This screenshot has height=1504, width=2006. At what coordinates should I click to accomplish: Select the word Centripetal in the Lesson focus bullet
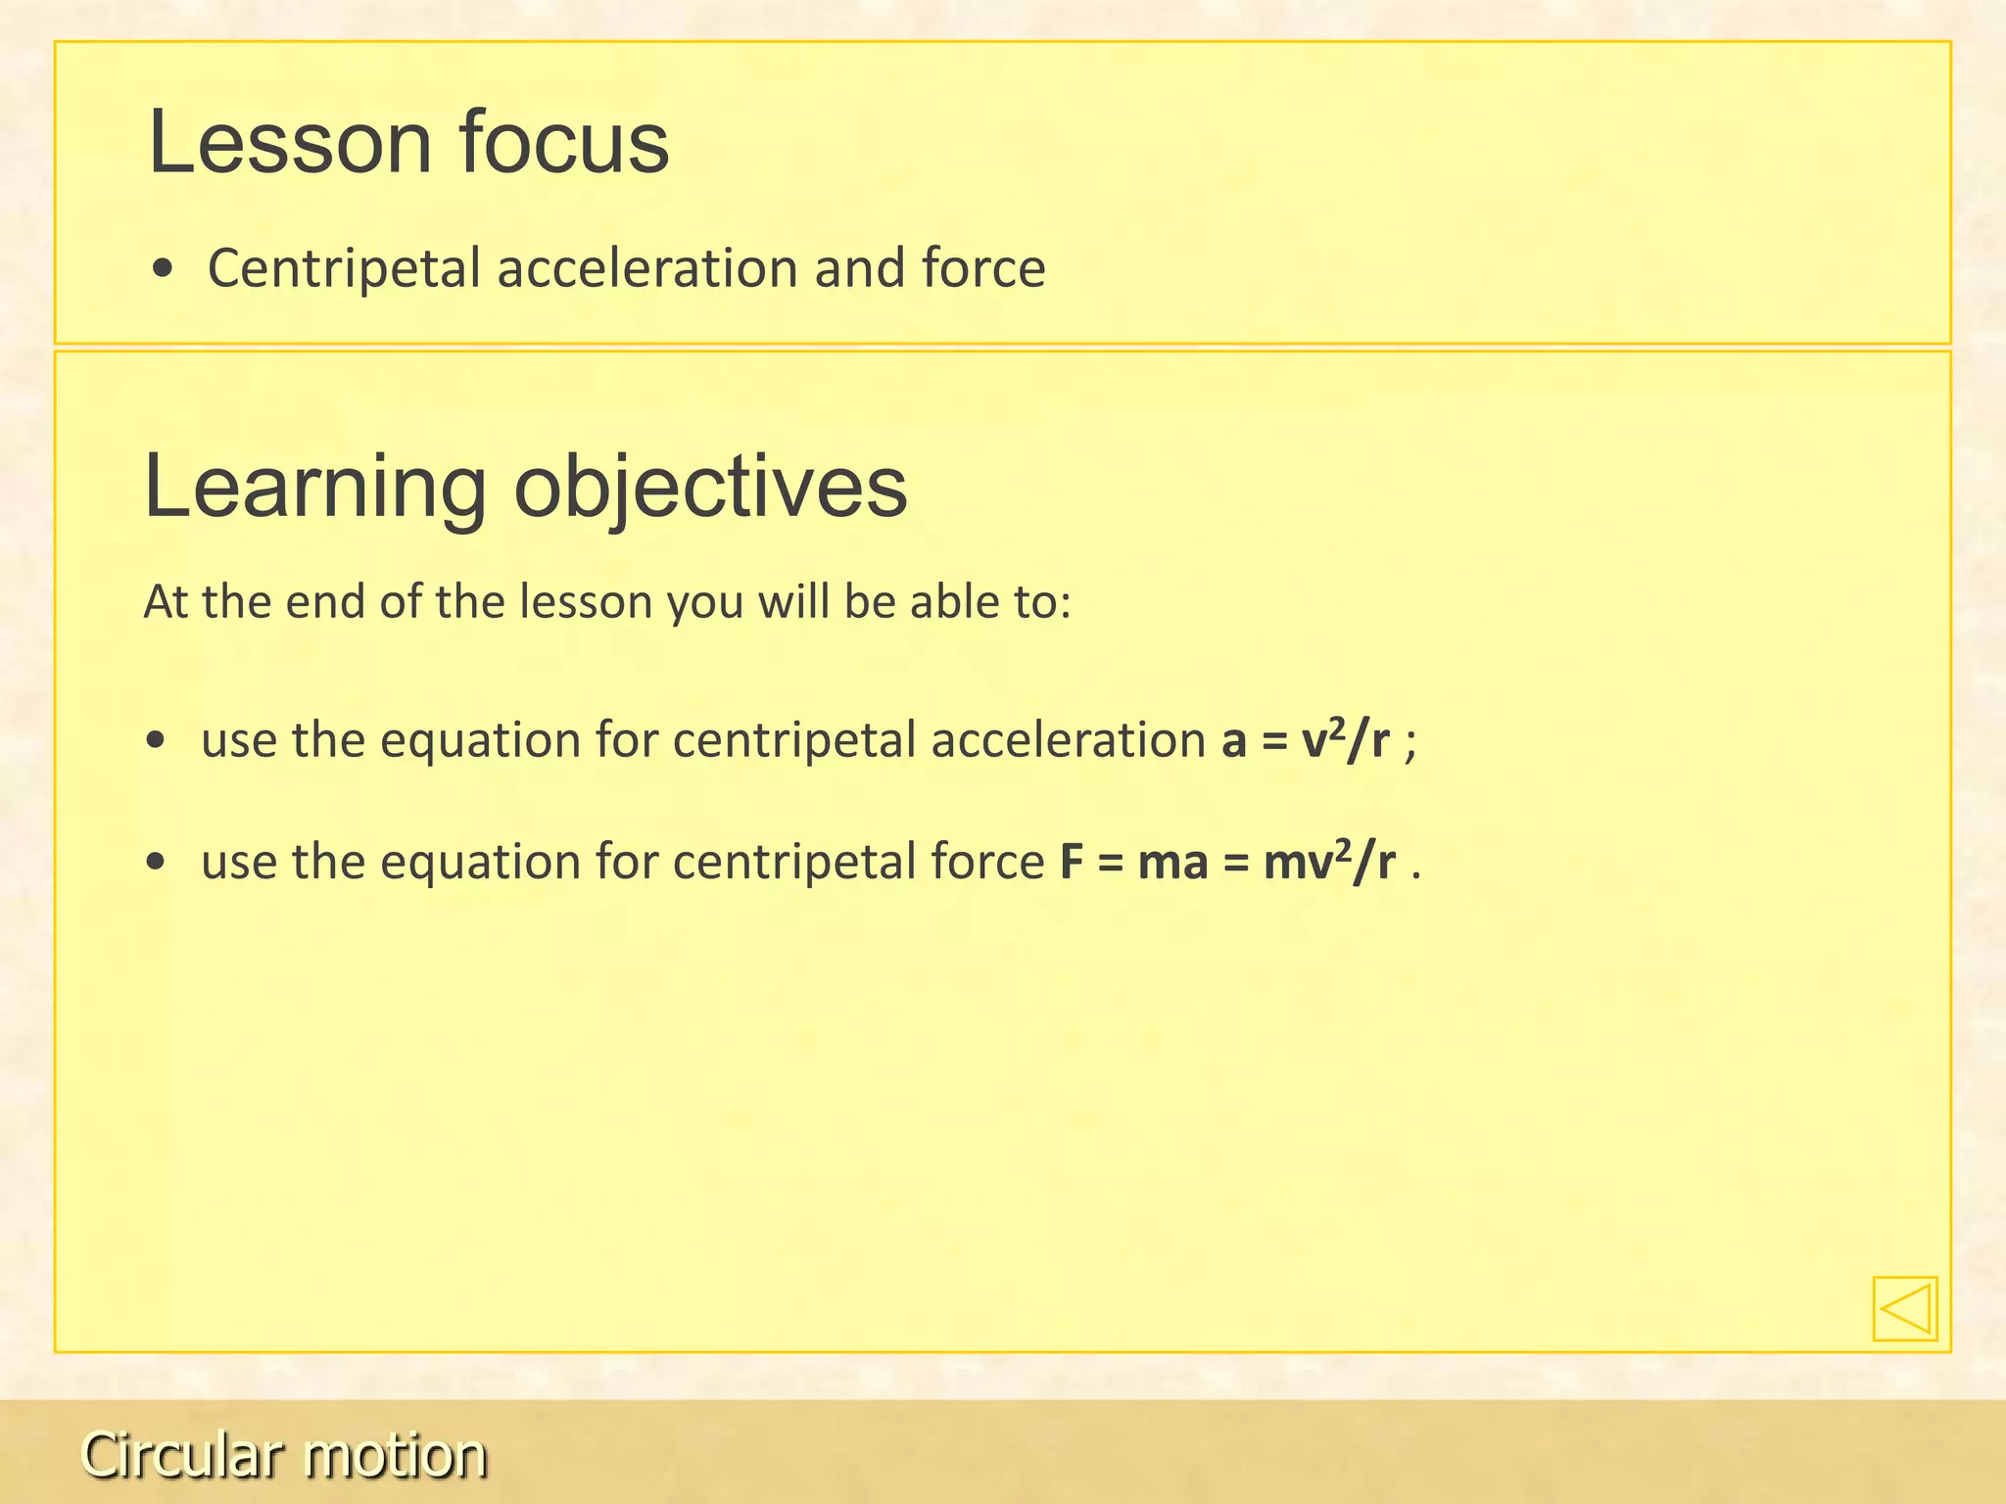point(344,268)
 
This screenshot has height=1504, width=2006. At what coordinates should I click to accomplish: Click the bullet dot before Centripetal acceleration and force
point(164,268)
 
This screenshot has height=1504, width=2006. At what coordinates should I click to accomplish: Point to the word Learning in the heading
point(314,487)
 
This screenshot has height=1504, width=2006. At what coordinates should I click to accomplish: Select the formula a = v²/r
point(1305,739)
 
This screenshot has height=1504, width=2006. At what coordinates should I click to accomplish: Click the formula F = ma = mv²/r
point(1227,862)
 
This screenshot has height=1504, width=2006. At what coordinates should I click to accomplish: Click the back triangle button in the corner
point(1904,1308)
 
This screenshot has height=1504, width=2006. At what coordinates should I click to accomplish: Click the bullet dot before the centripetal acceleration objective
point(155,740)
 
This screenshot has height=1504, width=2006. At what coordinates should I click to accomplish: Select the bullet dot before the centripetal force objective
point(155,863)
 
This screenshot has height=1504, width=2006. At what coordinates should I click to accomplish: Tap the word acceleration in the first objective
point(1068,739)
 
